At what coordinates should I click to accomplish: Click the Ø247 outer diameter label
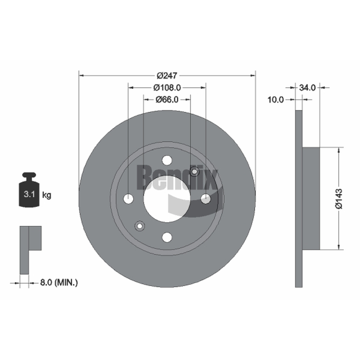pos(167,75)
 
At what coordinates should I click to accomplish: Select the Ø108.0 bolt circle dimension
pos(167,87)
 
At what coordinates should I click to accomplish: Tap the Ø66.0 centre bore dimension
pos(167,99)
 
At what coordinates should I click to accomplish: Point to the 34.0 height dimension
pos(307,87)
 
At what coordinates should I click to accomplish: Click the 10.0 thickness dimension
pos(275,99)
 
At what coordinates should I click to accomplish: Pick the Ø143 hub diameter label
pos(339,199)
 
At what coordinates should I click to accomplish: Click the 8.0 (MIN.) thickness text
pos(59,283)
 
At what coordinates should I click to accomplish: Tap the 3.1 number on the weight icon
pos(29,194)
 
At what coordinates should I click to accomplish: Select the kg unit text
pos(47,195)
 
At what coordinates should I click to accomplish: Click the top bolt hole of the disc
pos(167,160)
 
